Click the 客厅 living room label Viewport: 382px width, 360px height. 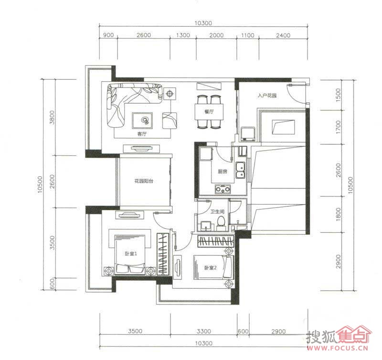[x=142, y=134]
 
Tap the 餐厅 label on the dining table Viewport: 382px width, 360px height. [x=209, y=112]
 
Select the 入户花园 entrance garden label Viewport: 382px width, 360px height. [x=267, y=95]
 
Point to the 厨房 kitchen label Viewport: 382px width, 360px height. [x=223, y=172]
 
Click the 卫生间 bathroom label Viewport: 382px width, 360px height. [x=217, y=211]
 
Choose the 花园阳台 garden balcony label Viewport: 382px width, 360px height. [x=144, y=181]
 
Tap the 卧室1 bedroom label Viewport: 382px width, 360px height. [x=131, y=254]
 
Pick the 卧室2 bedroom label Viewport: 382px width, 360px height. [x=211, y=268]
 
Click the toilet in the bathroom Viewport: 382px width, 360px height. [x=221, y=223]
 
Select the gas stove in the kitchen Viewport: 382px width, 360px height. [x=223, y=189]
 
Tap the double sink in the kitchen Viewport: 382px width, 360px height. [x=240, y=171]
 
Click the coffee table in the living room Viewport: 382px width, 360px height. [x=142, y=120]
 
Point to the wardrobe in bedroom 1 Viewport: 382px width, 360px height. [x=163, y=254]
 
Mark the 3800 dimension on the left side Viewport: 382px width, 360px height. [x=52, y=117]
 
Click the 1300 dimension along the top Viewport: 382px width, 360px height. [x=183, y=35]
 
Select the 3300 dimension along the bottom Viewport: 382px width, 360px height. [x=204, y=331]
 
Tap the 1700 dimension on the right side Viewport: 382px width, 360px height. [x=338, y=127]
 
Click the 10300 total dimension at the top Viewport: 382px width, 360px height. [x=203, y=23]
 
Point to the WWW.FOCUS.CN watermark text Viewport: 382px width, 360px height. [x=338, y=348]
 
